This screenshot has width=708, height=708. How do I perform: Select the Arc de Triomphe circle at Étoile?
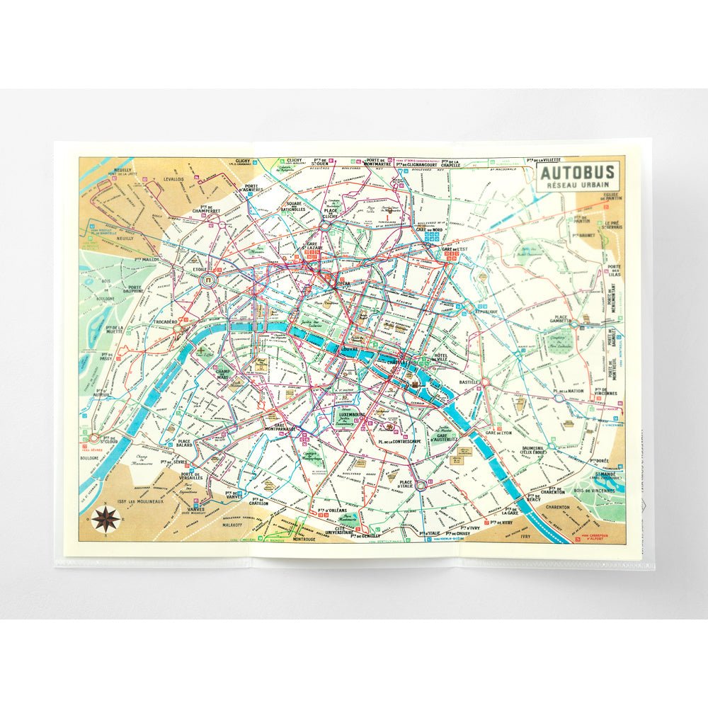pyautogui.click(x=210, y=281)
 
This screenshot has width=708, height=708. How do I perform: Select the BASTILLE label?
pyautogui.click(x=469, y=383)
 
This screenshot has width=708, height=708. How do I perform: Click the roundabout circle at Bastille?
pyautogui.click(x=486, y=382)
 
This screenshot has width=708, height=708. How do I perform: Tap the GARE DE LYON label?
pyautogui.click(x=500, y=433)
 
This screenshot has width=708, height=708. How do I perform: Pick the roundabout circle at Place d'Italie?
pyautogui.click(x=421, y=486)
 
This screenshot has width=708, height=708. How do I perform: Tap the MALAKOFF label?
pyautogui.click(x=232, y=526)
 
